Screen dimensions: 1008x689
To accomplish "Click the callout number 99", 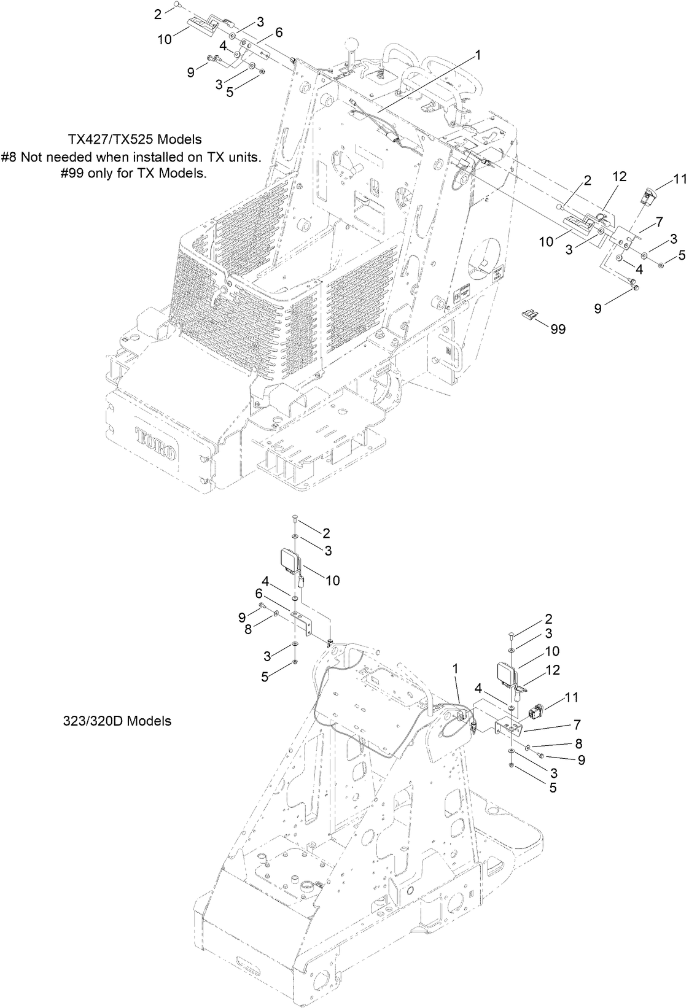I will (x=557, y=330).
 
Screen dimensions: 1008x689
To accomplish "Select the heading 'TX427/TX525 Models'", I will (x=134, y=140).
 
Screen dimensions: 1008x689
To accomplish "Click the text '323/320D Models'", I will (x=117, y=721).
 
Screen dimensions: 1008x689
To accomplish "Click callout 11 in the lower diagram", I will (x=572, y=697).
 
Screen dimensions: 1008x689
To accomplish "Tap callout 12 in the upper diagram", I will (x=618, y=177).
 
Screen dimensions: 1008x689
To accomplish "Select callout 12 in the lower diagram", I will (x=553, y=670).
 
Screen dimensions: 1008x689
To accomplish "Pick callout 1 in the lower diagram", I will (x=454, y=666).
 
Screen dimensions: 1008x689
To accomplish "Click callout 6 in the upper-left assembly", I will (x=279, y=33).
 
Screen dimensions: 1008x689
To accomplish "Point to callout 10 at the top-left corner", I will (x=164, y=40).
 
